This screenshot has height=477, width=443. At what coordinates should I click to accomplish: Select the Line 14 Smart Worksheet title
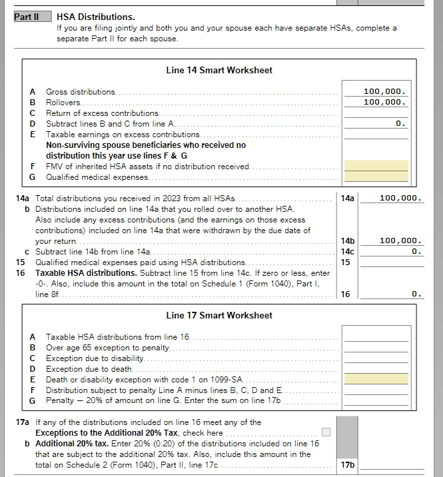219,70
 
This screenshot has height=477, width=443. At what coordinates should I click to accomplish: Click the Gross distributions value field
376,91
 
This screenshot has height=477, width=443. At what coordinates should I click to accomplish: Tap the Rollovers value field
376,102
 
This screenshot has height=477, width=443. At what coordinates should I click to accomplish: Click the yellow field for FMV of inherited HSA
376,166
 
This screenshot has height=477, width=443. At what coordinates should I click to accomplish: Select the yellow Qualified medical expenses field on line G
376,177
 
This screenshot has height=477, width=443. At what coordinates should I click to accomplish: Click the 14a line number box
348,199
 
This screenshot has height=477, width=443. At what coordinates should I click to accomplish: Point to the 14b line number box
348,241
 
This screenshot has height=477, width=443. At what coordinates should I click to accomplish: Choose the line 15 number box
348,262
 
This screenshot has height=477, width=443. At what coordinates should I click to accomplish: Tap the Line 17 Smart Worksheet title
219,315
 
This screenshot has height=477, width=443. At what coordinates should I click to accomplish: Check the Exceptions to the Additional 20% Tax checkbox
326,432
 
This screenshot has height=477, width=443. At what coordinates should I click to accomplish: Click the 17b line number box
348,465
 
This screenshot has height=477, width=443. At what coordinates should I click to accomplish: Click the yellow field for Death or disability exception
376,379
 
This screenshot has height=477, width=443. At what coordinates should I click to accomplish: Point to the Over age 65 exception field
376,347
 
